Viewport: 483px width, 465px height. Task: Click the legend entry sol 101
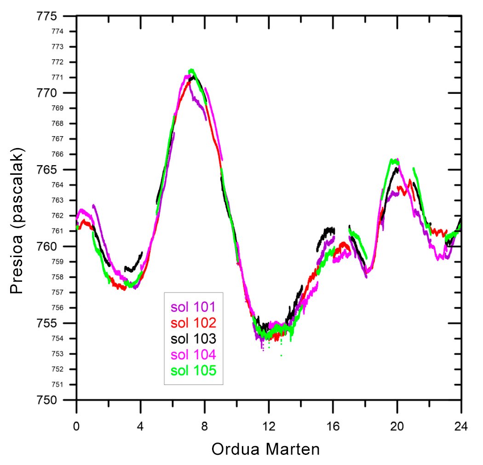click(x=193, y=307)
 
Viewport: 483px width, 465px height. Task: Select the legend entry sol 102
click(x=193, y=322)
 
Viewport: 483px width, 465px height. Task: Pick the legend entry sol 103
click(x=193, y=339)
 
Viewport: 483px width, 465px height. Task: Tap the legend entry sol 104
click(x=193, y=355)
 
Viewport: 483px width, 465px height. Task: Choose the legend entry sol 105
click(x=193, y=370)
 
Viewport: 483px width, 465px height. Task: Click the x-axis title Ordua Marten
click(x=265, y=448)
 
